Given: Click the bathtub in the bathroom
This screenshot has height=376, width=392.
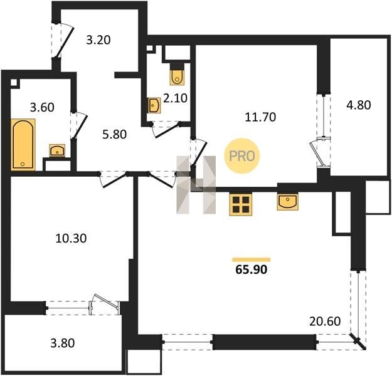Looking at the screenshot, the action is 23,144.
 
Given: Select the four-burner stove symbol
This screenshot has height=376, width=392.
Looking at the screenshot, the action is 241,204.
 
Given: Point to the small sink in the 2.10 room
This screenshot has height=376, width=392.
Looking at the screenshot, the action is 154,105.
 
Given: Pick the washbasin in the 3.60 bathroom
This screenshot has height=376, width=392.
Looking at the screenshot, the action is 57,151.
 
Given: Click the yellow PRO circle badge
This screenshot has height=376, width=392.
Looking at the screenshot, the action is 242,156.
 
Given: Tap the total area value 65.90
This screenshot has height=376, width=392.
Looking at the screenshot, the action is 252,269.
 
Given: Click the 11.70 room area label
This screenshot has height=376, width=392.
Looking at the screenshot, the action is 260,117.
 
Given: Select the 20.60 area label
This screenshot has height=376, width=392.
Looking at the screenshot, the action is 325,321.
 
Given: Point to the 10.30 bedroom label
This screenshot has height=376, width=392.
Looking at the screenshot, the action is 71,238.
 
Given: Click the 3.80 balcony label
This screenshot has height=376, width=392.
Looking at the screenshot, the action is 63,343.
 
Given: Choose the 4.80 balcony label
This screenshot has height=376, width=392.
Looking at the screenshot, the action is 359,105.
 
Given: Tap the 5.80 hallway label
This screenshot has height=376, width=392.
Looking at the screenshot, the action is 115,134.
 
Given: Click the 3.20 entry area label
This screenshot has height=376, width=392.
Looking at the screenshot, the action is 98,40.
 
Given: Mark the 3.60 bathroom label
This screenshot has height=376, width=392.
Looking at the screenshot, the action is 42,107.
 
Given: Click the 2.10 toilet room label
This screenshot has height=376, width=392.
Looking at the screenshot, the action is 175,98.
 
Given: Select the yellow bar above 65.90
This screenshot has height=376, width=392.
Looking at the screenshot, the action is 252,259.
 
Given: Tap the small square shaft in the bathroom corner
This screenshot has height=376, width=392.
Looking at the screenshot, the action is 14,83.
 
